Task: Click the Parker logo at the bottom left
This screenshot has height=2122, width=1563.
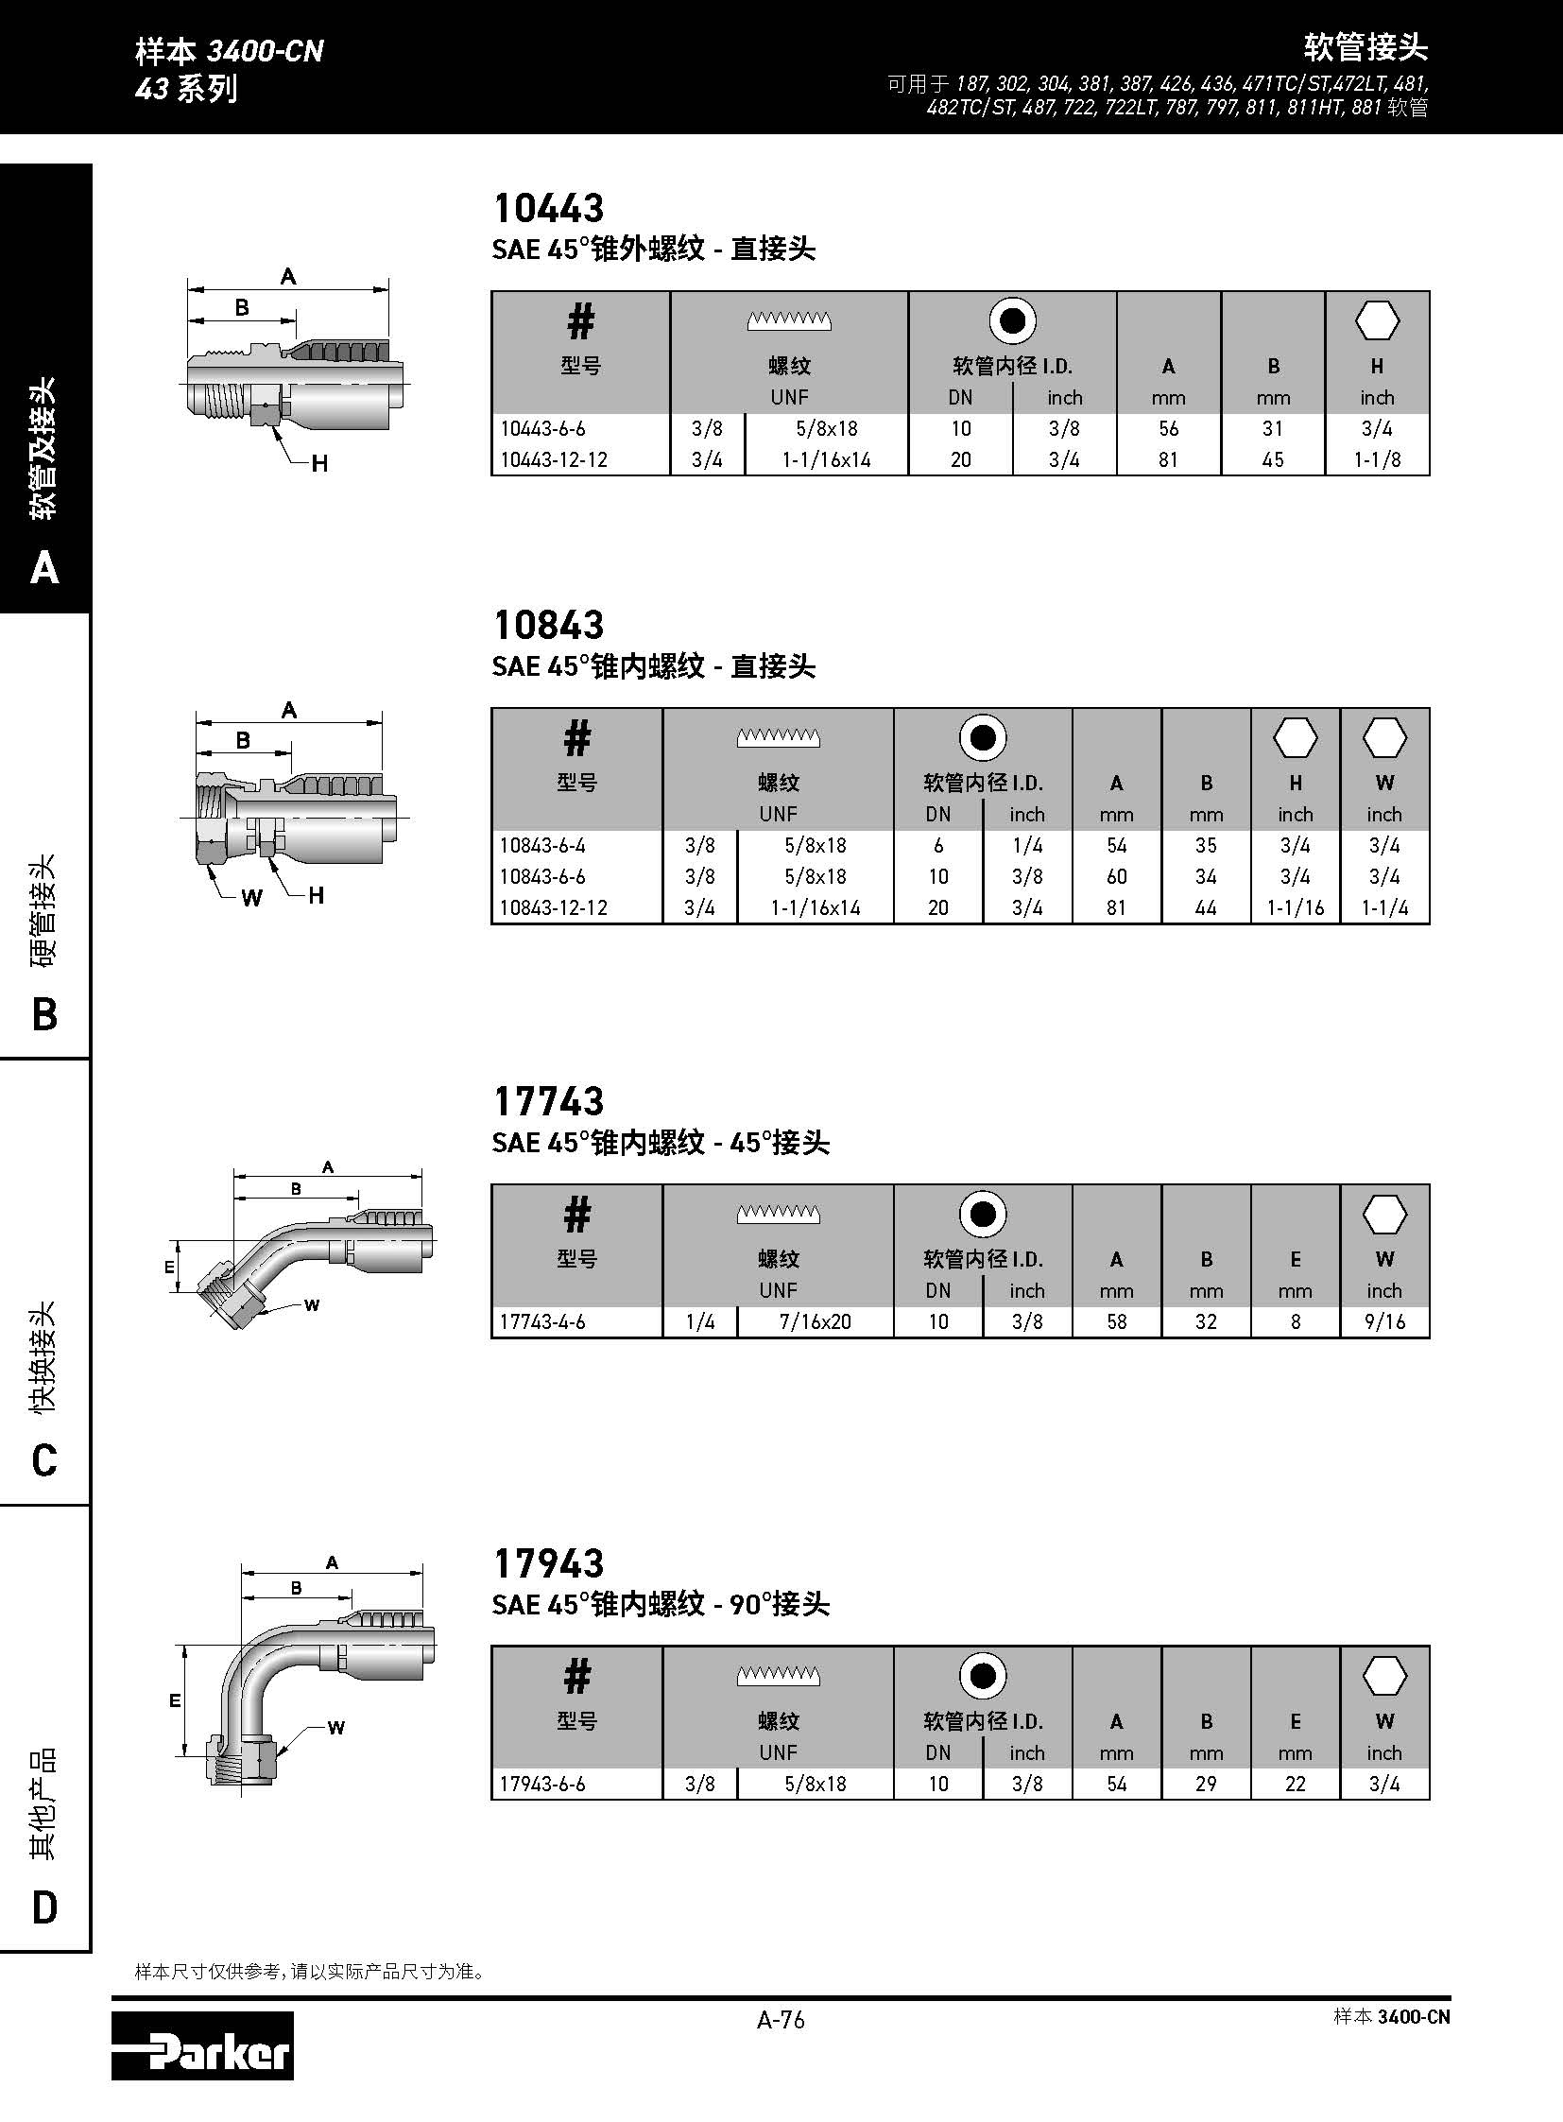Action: [201, 2044]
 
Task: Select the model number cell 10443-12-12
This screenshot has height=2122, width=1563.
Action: [554, 460]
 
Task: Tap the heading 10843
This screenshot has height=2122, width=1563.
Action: [549, 625]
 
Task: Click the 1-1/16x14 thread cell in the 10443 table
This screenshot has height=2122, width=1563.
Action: [826, 460]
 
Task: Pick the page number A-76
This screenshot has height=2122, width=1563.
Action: [781, 2020]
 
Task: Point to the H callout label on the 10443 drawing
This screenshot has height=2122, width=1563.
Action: [319, 464]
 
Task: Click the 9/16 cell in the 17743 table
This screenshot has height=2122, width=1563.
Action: [1384, 1321]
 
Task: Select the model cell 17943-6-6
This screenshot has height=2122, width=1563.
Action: [542, 1784]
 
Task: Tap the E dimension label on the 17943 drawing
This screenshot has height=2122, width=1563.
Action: [175, 1701]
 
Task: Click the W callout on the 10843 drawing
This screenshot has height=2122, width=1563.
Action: [251, 898]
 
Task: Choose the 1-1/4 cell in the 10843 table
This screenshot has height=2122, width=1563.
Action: [1384, 907]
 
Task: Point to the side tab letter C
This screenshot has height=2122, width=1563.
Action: [44, 1460]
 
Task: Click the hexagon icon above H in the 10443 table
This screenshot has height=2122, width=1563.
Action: [1377, 321]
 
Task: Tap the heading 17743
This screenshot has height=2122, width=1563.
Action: [549, 1101]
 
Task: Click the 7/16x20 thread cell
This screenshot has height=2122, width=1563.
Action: [815, 1321]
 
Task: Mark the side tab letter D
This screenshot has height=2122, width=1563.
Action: [44, 1907]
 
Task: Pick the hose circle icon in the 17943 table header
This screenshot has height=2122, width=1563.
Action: [982, 1676]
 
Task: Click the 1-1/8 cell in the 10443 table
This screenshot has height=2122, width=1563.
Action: [1377, 460]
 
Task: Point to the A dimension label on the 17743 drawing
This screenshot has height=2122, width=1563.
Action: [328, 1167]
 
